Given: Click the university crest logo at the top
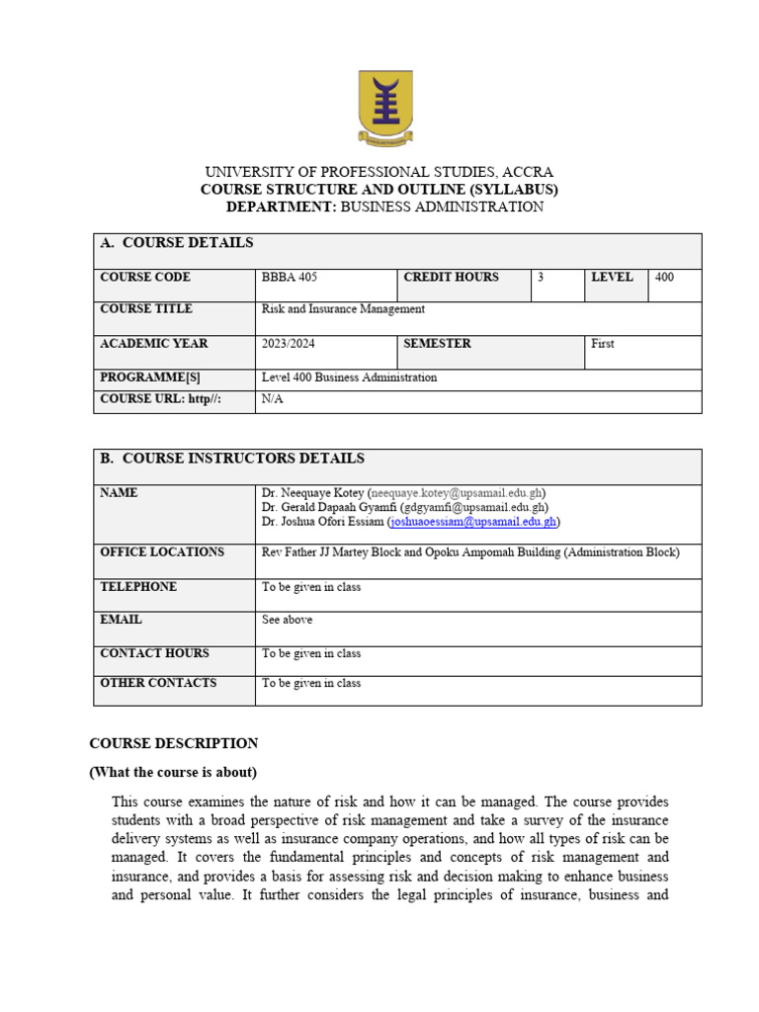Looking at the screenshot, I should point(385,109).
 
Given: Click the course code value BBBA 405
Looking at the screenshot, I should point(290,278).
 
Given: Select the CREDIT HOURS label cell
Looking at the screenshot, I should point(452,278).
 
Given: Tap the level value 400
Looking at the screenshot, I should point(664,278).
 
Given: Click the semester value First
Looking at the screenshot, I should point(603,344).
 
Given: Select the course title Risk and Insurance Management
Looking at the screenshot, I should point(343,309).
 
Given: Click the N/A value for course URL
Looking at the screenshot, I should point(272,399).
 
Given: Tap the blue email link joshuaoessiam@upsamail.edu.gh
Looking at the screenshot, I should point(473,521).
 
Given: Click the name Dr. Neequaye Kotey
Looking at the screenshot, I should point(312,492).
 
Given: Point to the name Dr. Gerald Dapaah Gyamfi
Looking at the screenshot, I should point(328,507).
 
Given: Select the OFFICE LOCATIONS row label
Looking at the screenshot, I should point(162,552).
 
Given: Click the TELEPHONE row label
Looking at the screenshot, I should point(138,587).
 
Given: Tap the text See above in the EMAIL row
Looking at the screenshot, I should point(287,620).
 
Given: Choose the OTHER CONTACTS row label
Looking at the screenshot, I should point(158,683).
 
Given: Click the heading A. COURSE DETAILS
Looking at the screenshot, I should point(177,243).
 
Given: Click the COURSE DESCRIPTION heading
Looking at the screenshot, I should point(174,743).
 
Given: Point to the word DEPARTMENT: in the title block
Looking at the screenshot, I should point(282,207).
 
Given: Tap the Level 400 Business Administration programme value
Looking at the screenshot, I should point(349,378).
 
